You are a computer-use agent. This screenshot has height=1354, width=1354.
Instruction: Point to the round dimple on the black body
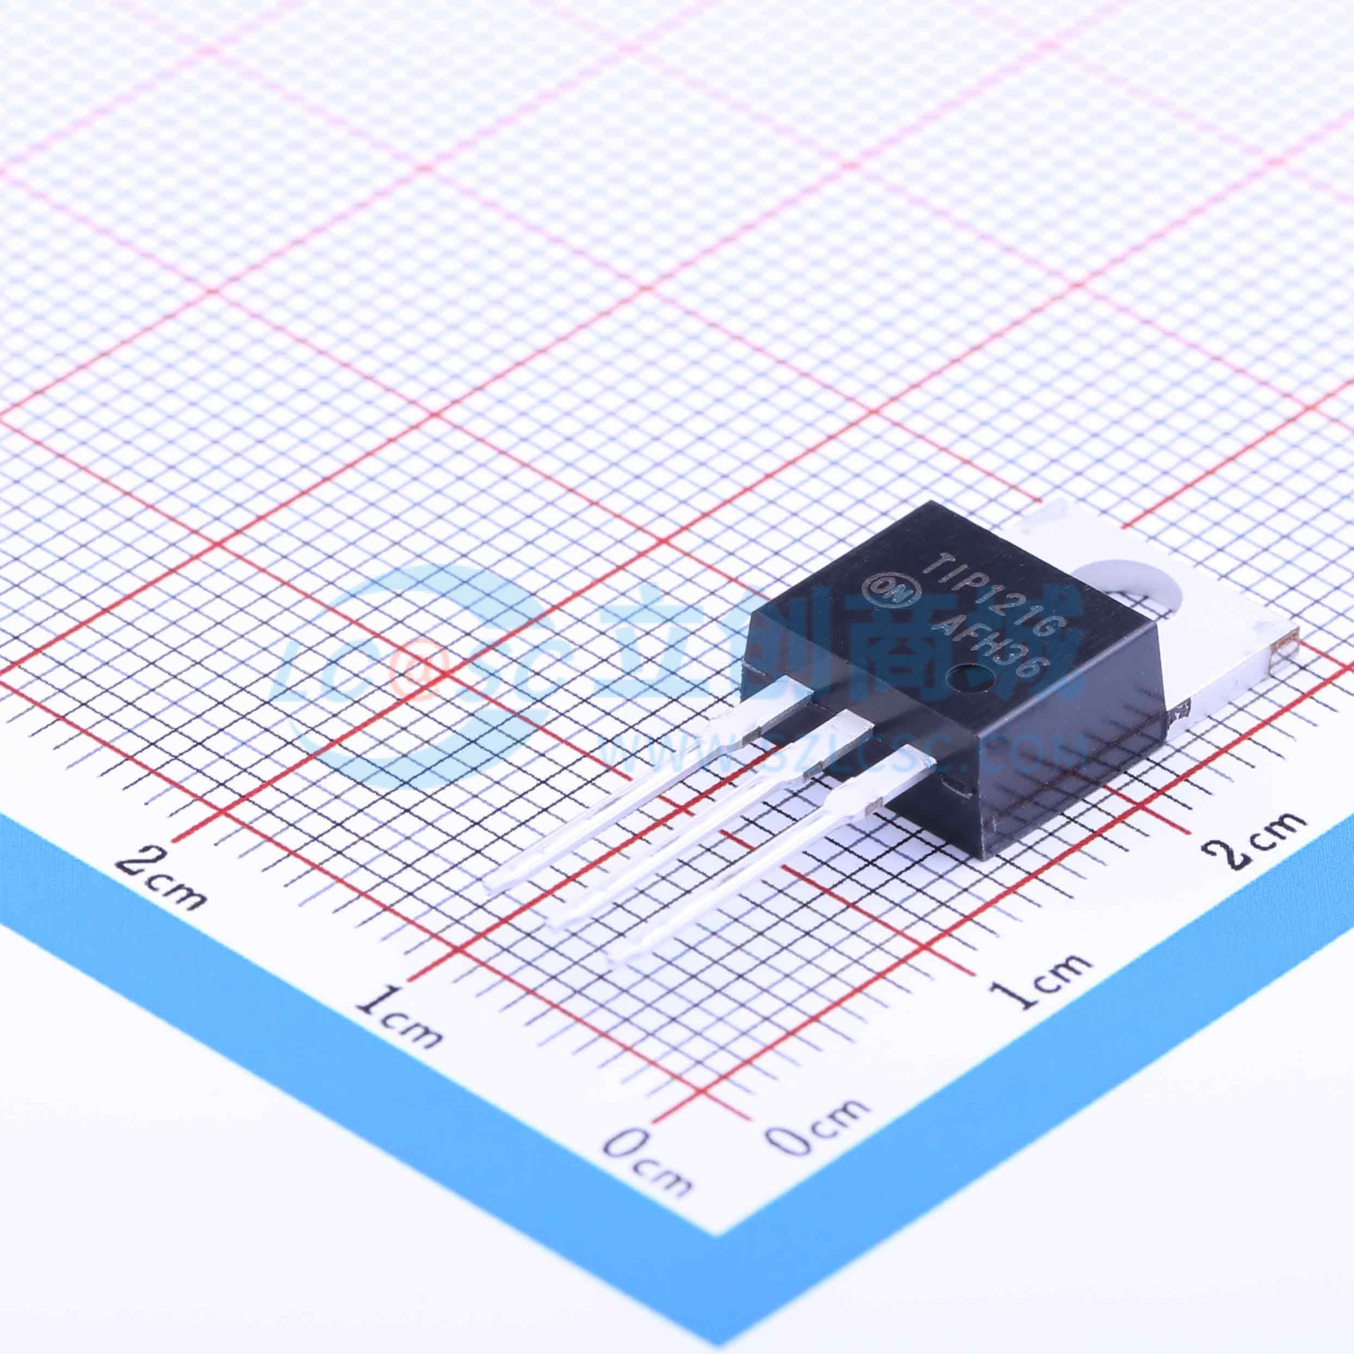click(x=961, y=678)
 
